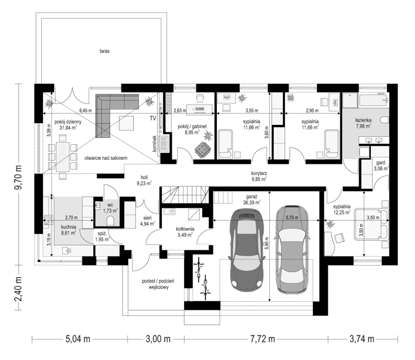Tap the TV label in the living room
(x=152, y=119)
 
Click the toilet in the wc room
(x=111, y=219)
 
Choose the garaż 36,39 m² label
(x=252, y=198)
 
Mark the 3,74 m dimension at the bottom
(x=362, y=339)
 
